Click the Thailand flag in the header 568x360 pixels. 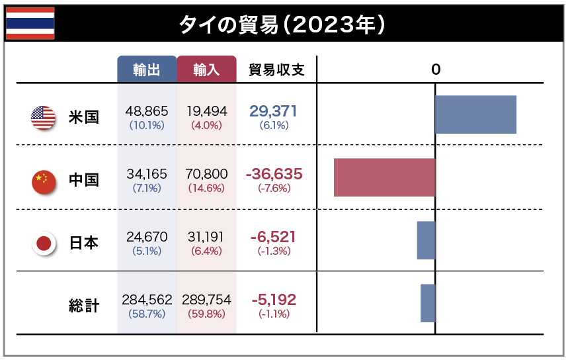pyautogui.click(x=30, y=24)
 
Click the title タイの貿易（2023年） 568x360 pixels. pyautogui.click(x=282, y=24)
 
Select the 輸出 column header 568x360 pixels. pyautogui.click(x=147, y=69)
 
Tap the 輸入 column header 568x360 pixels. pyautogui.click(x=206, y=69)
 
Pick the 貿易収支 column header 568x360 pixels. pyautogui.click(x=276, y=69)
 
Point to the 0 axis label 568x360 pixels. pyautogui.click(x=435, y=69)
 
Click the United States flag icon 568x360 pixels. pyautogui.click(x=43, y=118)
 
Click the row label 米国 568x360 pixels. pyautogui.click(x=84, y=118)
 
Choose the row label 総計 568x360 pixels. pyautogui.click(x=84, y=306)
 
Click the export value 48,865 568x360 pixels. pyautogui.click(x=147, y=111)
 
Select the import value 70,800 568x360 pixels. pyautogui.click(x=207, y=174)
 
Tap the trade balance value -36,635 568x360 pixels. pyautogui.click(x=274, y=174)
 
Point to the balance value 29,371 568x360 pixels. pyautogui.click(x=273, y=111)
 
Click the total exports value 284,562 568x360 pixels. pyautogui.click(x=147, y=300)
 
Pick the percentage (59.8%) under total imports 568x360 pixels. pyautogui.click(x=207, y=314)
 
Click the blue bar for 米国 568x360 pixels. pyautogui.click(x=475, y=114)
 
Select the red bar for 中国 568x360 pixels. pyautogui.click(x=384, y=177)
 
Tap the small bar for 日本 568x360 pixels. pyautogui.click(x=426, y=240)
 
